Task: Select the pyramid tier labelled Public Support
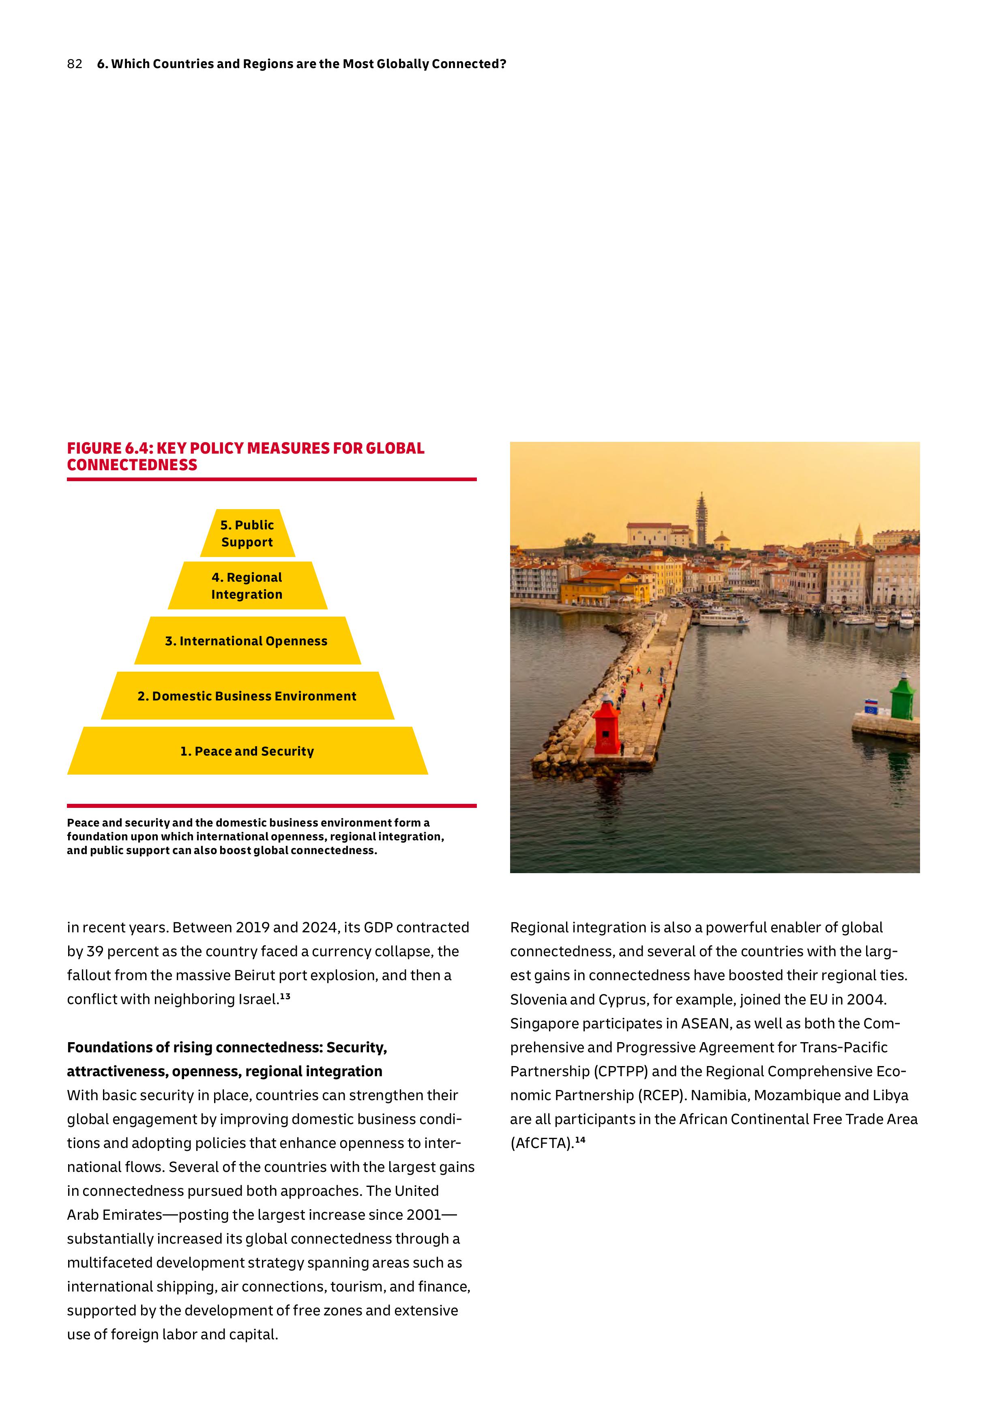247,533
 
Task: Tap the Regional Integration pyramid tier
247,586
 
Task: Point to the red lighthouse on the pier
605,725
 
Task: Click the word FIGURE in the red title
90,448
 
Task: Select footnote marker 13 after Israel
285,996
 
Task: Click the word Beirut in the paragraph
254,975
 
